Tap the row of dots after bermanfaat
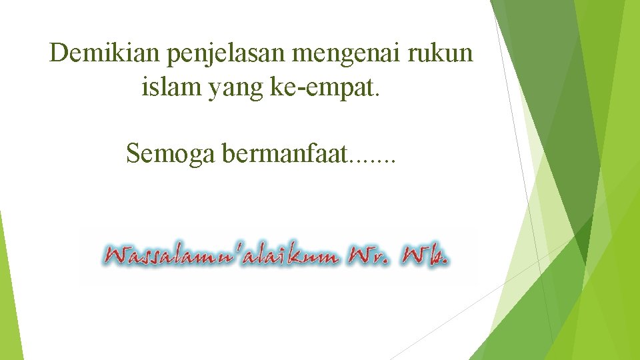(x=373, y=161)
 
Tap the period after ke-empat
(x=378, y=94)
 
